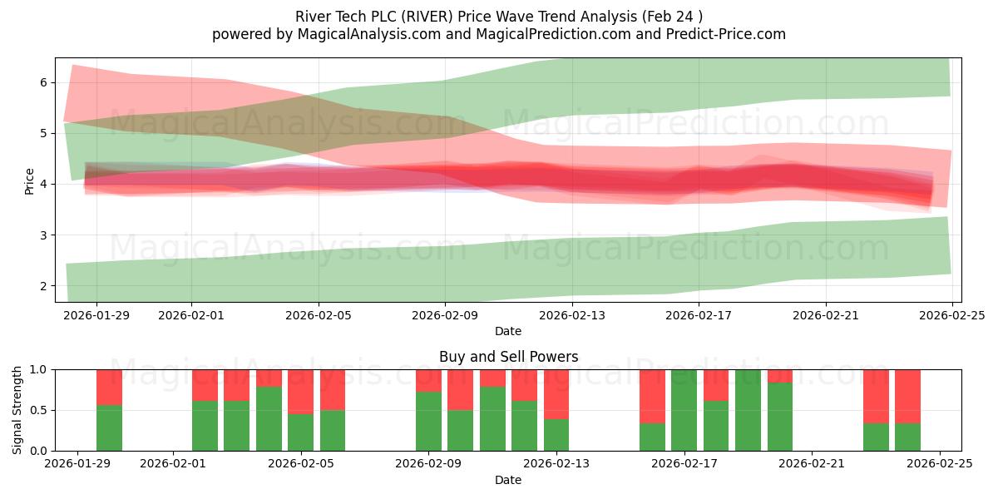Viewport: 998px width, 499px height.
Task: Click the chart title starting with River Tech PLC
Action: [498, 17]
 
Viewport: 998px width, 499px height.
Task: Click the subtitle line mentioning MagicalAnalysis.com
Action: [498, 34]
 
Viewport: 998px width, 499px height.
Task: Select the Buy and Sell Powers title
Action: [508, 357]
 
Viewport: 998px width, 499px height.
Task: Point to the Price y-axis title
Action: [30, 180]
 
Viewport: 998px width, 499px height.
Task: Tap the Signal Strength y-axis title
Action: [17, 410]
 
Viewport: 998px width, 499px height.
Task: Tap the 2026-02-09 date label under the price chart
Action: [445, 315]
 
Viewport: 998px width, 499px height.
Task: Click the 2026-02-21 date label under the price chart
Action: [826, 315]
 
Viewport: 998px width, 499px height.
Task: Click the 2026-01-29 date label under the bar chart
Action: [77, 464]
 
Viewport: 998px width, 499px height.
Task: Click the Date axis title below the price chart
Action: [508, 331]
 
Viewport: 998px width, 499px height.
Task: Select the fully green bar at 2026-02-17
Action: [684, 410]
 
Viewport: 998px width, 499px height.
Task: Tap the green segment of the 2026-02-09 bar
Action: [428, 421]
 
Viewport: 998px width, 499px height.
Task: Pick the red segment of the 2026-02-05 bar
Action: [301, 391]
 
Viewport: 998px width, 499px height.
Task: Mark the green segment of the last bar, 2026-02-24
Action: [907, 437]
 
